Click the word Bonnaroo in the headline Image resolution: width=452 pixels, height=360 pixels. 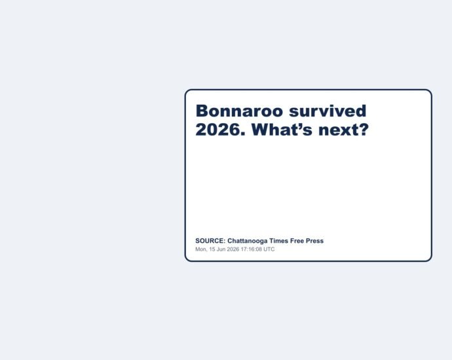(239, 111)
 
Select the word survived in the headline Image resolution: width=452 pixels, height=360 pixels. (328, 111)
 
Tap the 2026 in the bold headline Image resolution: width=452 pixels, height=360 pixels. (219, 130)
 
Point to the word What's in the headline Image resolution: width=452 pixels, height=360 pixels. (282, 130)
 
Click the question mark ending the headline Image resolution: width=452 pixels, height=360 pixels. (364, 130)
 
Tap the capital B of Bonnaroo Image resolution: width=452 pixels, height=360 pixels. (202, 111)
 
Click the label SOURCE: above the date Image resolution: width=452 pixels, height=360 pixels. (210, 241)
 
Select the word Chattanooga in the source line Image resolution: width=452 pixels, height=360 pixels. (248, 241)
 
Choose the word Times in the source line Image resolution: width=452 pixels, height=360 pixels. (279, 241)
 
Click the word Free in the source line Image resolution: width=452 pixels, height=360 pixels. (297, 241)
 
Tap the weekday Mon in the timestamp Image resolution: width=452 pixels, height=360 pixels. (200, 249)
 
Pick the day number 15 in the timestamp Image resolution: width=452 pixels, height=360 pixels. (212, 249)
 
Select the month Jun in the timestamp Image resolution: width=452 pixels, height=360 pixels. (221, 249)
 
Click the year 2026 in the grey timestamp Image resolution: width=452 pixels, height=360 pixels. (233, 249)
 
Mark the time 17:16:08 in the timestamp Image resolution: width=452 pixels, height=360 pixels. (251, 249)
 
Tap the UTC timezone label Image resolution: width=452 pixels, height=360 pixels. (269, 249)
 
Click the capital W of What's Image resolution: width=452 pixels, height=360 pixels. (260, 130)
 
